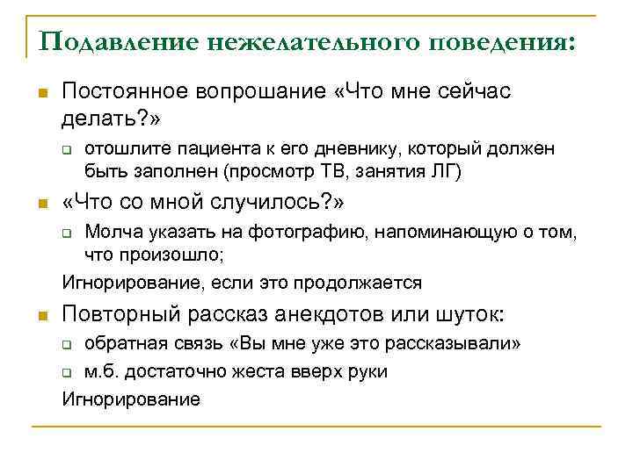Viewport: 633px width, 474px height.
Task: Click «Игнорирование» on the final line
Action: pyautogui.click(x=131, y=399)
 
